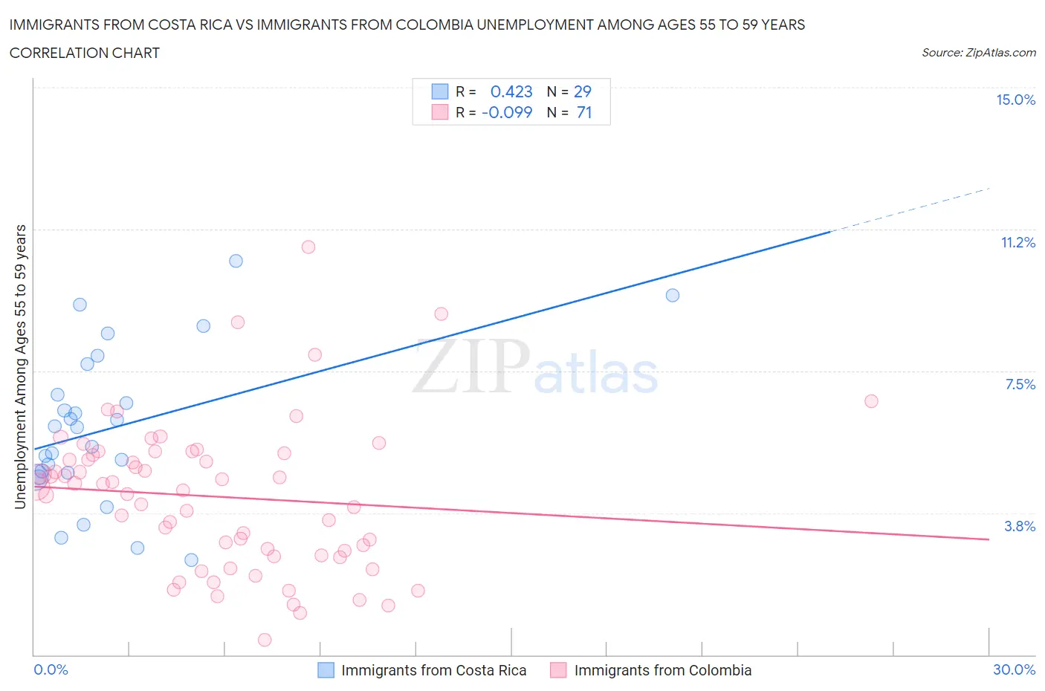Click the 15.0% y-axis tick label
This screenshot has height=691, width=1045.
tap(1015, 100)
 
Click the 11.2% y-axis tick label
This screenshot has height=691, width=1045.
tap(1017, 242)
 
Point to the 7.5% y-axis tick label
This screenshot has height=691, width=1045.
tap(1020, 384)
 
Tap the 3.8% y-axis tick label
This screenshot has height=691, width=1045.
tap(1020, 526)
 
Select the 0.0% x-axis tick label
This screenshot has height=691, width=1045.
tap(51, 669)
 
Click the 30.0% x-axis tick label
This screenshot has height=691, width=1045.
tap(1014, 669)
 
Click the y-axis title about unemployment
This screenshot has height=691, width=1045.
tap(20, 367)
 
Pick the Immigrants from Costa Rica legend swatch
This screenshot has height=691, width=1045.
tap(326, 670)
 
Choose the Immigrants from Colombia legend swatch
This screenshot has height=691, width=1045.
tap(558, 670)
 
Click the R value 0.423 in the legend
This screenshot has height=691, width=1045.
tap(511, 91)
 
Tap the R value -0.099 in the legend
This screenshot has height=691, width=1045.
tap(507, 112)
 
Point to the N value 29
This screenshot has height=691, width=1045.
tap(583, 91)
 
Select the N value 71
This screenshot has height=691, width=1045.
tap(584, 112)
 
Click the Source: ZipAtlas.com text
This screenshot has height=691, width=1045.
tap(978, 52)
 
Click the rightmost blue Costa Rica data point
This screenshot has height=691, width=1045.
tap(673, 295)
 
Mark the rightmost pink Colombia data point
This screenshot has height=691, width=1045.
tap(871, 401)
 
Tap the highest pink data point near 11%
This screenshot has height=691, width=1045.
tap(308, 247)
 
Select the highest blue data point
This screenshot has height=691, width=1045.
tap(236, 261)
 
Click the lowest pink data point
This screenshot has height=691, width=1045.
tap(265, 640)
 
